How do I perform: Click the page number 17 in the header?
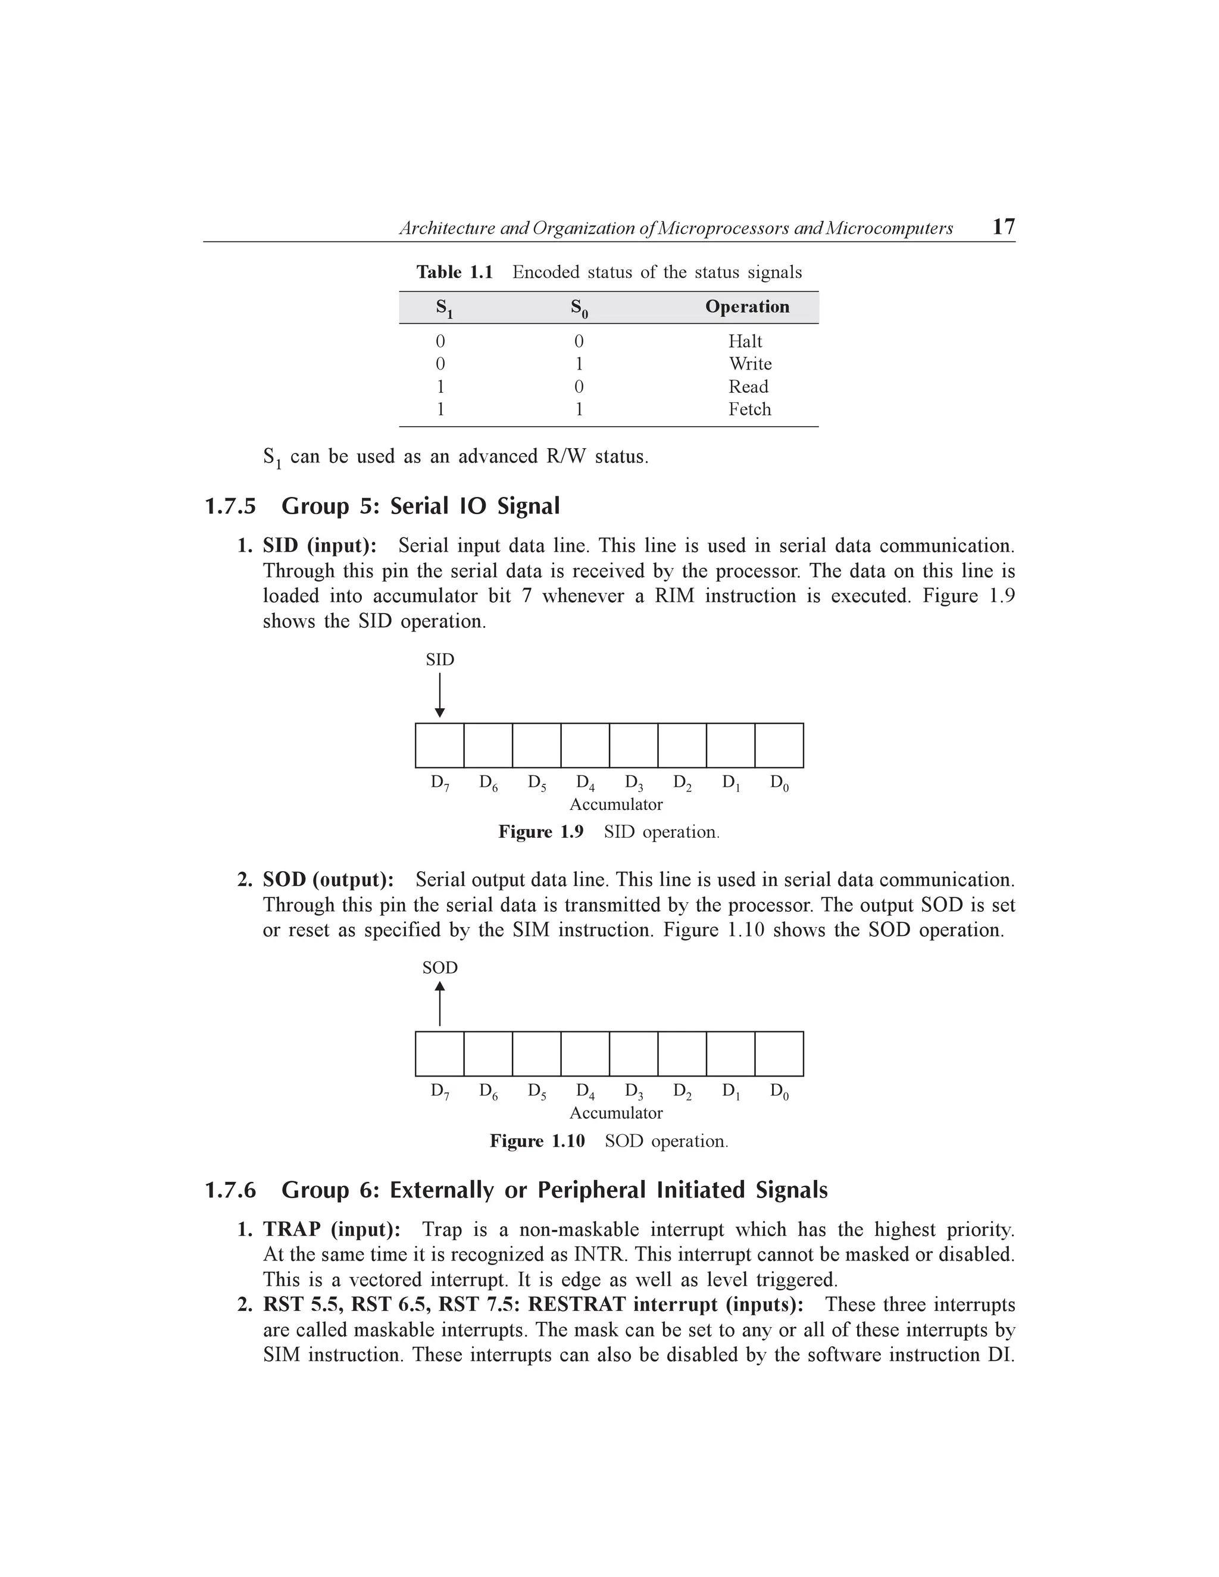tap(1003, 227)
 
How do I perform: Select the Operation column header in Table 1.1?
tap(747, 307)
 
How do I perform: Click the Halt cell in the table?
tap(745, 341)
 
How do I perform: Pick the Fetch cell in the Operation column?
tap(749, 409)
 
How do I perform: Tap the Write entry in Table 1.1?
tap(749, 364)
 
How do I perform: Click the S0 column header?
tap(579, 308)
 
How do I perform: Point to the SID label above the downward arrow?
tap(440, 659)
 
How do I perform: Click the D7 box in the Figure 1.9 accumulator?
tap(440, 745)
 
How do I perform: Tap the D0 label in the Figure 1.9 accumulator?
tap(779, 783)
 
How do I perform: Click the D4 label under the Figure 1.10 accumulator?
tap(585, 1091)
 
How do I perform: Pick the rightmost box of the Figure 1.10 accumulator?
tap(779, 1053)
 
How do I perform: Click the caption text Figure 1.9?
tap(540, 832)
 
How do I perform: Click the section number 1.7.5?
tap(230, 506)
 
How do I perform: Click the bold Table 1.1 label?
tap(454, 272)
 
